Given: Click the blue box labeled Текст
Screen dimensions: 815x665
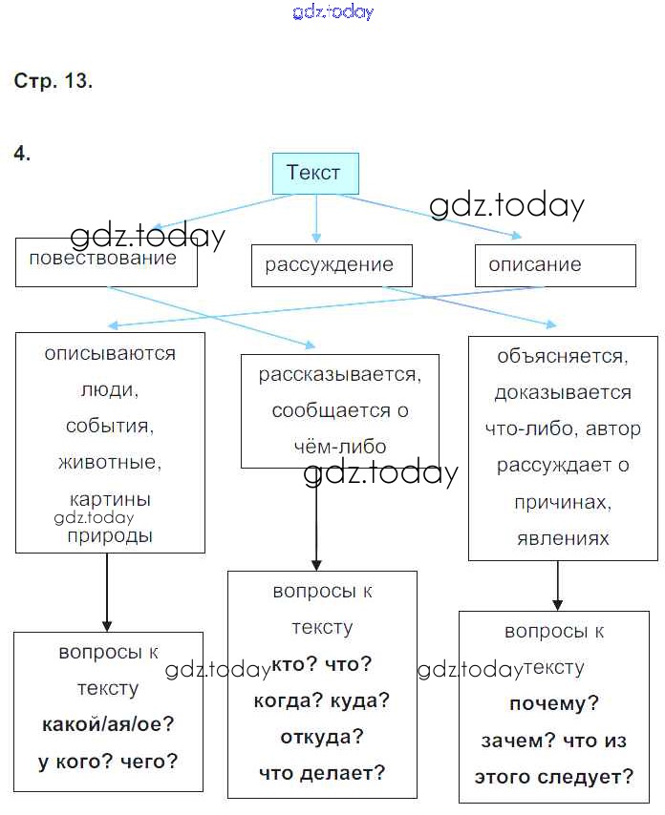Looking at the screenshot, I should pyautogui.click(x=315, y=174).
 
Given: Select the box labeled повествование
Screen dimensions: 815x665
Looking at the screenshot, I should pyautogui.click(x=106, y=261).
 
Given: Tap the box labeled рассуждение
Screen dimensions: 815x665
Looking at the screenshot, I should pyautogui.click(x=332, y=265).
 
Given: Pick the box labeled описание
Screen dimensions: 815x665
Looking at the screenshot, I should pyautogui.click(x=555, y=265).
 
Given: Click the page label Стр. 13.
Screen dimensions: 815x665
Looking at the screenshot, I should pyautogui.click(x=54, y=81).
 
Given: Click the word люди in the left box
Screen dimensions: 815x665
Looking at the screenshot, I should pyautogui.click(x=110, y=389).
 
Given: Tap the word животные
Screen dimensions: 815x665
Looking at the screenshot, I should pyautogui.click(x=110, y=463).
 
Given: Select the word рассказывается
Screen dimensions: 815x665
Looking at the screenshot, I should pyautogui.click(x=339, y=374).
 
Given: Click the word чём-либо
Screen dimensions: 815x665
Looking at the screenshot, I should pyautogui.click(x=339, y=447).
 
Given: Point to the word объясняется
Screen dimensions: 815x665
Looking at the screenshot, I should pyautogui.click(x=563, y=356).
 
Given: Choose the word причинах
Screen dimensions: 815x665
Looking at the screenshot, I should pyautogui.click(x=563, y=502).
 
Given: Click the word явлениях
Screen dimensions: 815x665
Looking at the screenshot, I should pyautogui.click(x=563, y=538).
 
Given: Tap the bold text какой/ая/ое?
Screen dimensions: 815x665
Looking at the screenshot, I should pyautogui.click(x=108, y=723).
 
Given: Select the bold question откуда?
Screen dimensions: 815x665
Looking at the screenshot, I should pyautogui.click(x=322, y=737).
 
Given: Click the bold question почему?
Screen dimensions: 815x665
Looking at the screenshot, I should pyautogui.click(x=554, y=704).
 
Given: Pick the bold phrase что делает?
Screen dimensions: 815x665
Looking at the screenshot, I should pyautogui.click(x=322, y=773).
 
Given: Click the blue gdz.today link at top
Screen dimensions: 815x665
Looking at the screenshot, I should pyautogui.click(x=332, y=12).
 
